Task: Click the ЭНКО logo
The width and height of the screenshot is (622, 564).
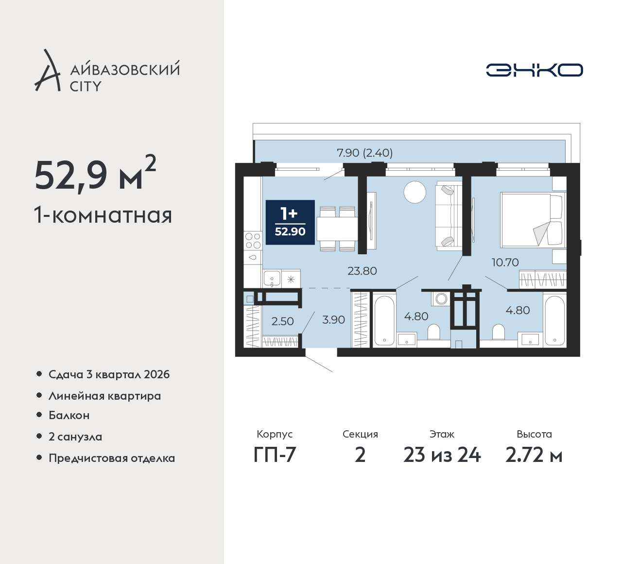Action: point(534,70)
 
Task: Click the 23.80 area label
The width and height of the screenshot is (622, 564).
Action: point(362,271)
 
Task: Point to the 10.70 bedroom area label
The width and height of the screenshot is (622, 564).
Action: point(505,263)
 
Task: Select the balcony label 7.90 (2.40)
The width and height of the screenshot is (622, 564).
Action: point(364,153)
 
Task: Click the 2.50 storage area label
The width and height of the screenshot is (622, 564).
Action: point(282,321)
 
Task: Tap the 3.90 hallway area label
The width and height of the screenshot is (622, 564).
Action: point(333,319)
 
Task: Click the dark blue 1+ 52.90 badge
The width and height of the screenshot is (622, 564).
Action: point(290,222)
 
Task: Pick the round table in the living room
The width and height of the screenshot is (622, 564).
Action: point(415,193)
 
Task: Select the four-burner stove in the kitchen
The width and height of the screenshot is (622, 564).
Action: point(253,241)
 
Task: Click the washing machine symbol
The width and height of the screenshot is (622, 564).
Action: point(440,299)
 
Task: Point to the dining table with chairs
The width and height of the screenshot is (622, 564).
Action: point(337,229)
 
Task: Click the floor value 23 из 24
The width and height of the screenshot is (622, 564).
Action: point(442,455)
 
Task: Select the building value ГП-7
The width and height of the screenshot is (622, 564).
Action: point(275,455)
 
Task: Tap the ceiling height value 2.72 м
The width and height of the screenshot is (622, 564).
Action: point(534,455)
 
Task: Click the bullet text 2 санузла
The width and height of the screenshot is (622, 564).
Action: point(75,437)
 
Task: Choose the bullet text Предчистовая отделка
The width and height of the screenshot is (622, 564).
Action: point(112,458)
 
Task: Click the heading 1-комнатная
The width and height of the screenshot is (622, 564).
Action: point(103,215)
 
